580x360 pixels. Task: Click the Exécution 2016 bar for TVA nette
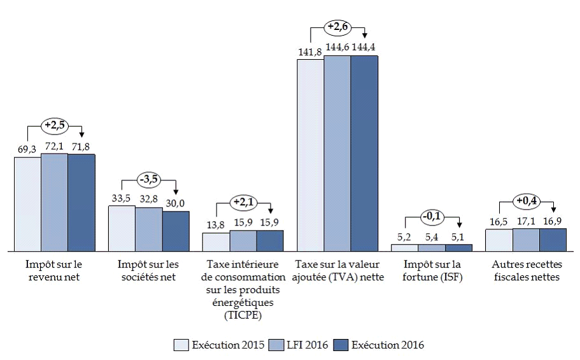click(364, 153)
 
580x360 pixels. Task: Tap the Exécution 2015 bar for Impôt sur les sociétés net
click(121, 227)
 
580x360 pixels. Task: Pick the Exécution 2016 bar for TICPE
click(270, 240)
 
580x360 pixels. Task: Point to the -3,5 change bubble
click(149, 180)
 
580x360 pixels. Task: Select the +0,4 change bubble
click(526, 201)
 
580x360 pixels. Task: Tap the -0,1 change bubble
click(432, 216)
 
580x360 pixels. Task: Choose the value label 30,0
click(176, 203)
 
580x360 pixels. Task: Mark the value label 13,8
click(216, 225)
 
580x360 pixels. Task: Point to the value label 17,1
click(526, 220)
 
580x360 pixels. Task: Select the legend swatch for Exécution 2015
click(181, 345)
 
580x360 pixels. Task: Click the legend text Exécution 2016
click(387, 345)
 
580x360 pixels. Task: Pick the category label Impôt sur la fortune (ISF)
click(432, 270)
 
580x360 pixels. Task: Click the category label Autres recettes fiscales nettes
click(526, 270)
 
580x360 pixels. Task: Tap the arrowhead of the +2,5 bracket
click(81, 134)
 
